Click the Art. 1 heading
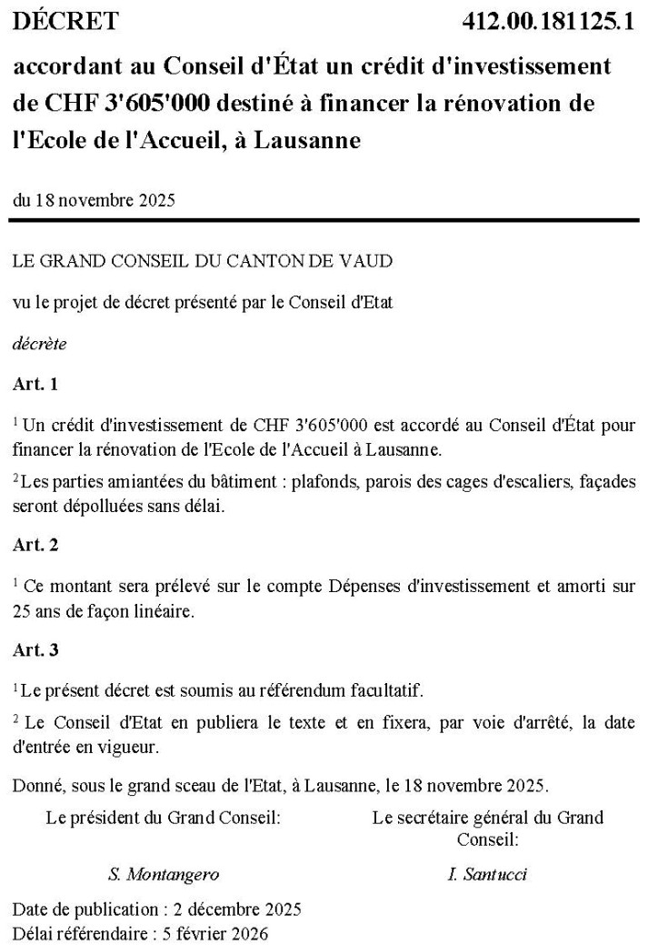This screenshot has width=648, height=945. coord(35,385)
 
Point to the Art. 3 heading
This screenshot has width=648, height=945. coord(35,650)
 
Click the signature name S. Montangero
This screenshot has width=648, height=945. coord(164,875)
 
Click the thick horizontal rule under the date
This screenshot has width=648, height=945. coord(324,219)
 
